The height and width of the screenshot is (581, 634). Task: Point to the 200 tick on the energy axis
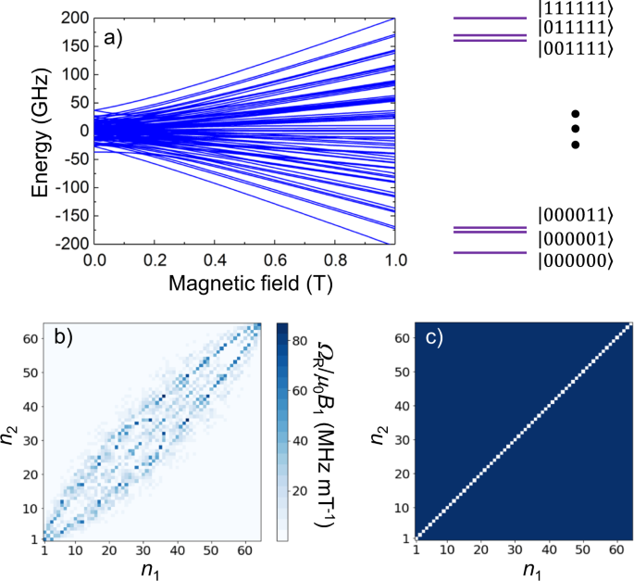coord(76,18)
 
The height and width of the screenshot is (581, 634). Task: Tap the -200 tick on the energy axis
coord(72,244)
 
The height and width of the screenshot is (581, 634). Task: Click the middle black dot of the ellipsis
coord(576,129)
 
